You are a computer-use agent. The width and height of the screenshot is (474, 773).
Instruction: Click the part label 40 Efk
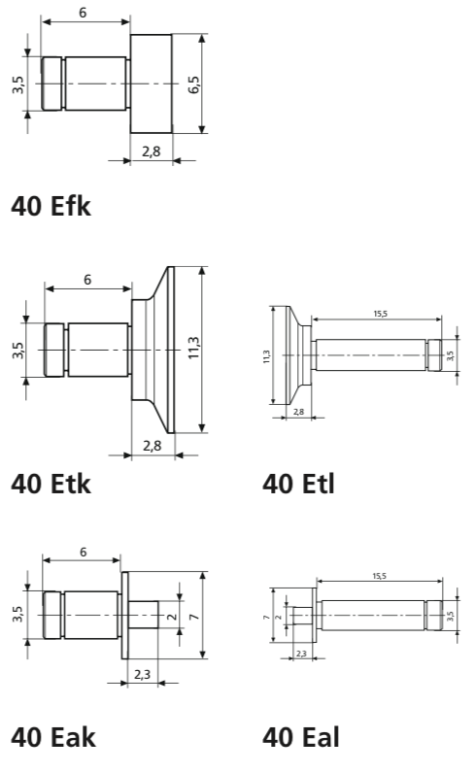pos(51,206)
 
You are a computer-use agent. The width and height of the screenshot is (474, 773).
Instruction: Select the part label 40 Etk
pos(51,483)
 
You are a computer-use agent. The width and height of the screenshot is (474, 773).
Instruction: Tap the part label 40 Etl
pos(298,483)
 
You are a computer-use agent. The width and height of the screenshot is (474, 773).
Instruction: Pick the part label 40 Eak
pos(51,737)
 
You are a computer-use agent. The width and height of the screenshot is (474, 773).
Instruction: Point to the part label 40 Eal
pos(301,737)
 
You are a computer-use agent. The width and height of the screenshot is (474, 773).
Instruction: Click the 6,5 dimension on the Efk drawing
pos(194,84)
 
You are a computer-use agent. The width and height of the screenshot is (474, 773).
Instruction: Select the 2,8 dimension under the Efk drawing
pos(152,151)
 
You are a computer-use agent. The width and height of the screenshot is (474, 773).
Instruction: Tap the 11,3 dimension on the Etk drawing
pos(194,349)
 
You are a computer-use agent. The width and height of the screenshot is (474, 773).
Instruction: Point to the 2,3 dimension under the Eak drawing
pos(142,672)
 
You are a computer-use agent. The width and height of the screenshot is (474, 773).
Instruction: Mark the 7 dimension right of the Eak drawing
pos(194,616)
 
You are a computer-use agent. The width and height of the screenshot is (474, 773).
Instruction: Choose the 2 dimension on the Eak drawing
pos(171,616)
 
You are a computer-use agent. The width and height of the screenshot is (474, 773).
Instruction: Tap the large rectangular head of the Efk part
pos(152,84)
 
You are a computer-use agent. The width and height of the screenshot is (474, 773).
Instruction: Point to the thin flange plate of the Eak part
pos(124,616)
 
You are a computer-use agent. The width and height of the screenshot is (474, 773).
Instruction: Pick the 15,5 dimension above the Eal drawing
pos(379,576)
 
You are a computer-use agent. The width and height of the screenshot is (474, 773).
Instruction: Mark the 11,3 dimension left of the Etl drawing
pos(266,356)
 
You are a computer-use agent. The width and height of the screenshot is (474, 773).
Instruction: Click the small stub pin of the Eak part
pos(143,616)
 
